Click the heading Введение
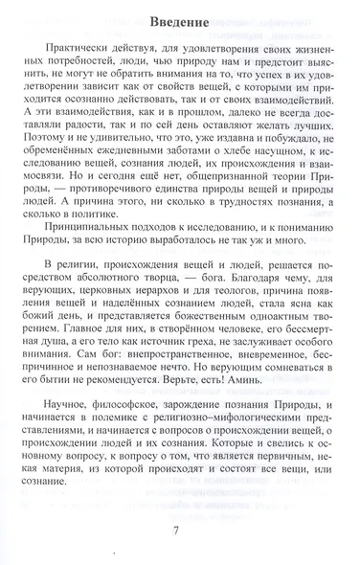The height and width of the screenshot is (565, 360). (179, 19)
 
